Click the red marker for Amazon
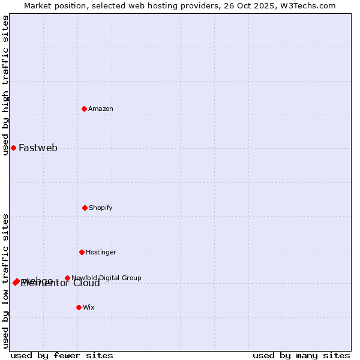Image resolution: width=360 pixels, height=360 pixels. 84,109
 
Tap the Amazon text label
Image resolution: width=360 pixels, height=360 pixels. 101,109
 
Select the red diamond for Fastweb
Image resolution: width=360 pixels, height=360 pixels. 13,148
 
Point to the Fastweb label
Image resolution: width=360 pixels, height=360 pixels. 38,148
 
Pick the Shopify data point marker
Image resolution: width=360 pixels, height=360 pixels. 85,208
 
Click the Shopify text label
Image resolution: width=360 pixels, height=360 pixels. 101,208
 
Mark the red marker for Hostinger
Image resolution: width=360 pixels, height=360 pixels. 82,252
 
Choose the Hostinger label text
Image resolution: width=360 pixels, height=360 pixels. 101,253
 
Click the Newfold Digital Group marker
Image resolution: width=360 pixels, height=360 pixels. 67,278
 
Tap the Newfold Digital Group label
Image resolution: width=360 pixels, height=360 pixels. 106,278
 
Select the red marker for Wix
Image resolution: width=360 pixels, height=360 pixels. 79,307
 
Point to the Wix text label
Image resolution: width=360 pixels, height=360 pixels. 89,308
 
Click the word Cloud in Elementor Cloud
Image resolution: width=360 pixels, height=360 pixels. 86,283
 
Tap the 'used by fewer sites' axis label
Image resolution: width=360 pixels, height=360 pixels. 62,355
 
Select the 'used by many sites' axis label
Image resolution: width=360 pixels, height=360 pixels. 301,355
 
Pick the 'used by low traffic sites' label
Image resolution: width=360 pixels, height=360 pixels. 5,281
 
